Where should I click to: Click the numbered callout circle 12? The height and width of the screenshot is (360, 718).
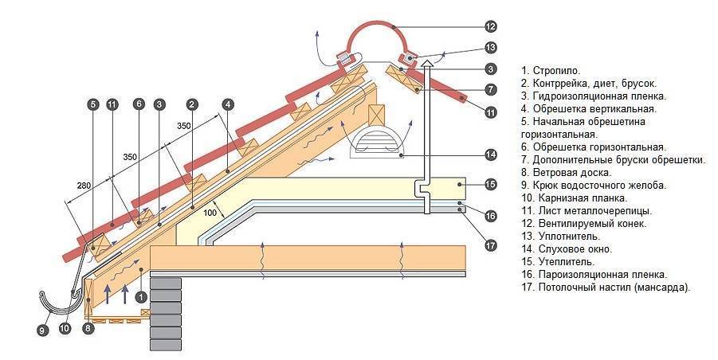pyautogui.click(x=490, y=26)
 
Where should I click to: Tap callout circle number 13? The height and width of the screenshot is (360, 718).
pyautogui.click(x=490, y=48)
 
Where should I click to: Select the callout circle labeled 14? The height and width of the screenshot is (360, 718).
pyautogui.click(x=490, y=155)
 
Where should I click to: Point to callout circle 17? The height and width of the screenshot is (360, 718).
pyautogui.click(x=490, y=245)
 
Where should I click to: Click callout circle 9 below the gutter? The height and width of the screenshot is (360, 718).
pyautogui.click(x=42, y=331)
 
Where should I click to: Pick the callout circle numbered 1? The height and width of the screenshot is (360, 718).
pyautogui.click(x=141, y=296)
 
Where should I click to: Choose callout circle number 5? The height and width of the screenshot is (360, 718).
pyautogui.click(x=93, y=104)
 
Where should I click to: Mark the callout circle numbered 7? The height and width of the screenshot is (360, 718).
pyautogui.click(x=490, y=89)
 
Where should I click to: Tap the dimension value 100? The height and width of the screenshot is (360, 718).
pyautogui.click(x=210, y=213)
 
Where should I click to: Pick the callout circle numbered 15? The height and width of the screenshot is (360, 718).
pyautogui.click(x=490, y=184)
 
